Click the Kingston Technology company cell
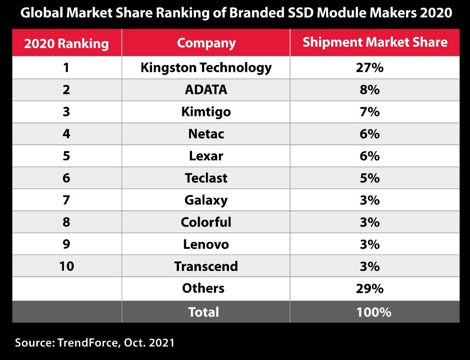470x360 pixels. pyautogui.click(x=206, y=68)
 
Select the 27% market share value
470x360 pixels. pyautogui.click(x=369, y=68)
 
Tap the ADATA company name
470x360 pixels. pyautogui.click(x=206, y=90)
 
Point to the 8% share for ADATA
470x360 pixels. pyautogui.click(x=369, y=90)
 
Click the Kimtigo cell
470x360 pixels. pyautogui.click(x=206, y=112)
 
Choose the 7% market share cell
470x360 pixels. pyautogui.click(x=369, y=112)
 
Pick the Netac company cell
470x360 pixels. pyautogui.click(x=206, y=134)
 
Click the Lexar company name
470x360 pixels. pyautogui.click(x=206, y=156)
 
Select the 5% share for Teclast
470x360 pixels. pyautogui.click(x=369, y=178)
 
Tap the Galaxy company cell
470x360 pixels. pyautogui.click(x=206, y=200)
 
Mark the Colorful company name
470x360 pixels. pyautogui.click(x=206, y=222)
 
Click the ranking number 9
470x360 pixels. pyautogui.click(x=66, y=244)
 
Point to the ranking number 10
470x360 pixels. pyautogui.click(x=66, y=266)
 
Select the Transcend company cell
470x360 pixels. pyautogui.click(x=206, y=266)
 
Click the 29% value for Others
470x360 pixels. pyautogui.click(x=369, y=288)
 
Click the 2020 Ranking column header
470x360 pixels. pyautogui.click(x=66, y=43)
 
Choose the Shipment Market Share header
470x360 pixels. pyautogui.click(x=375, y=42)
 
